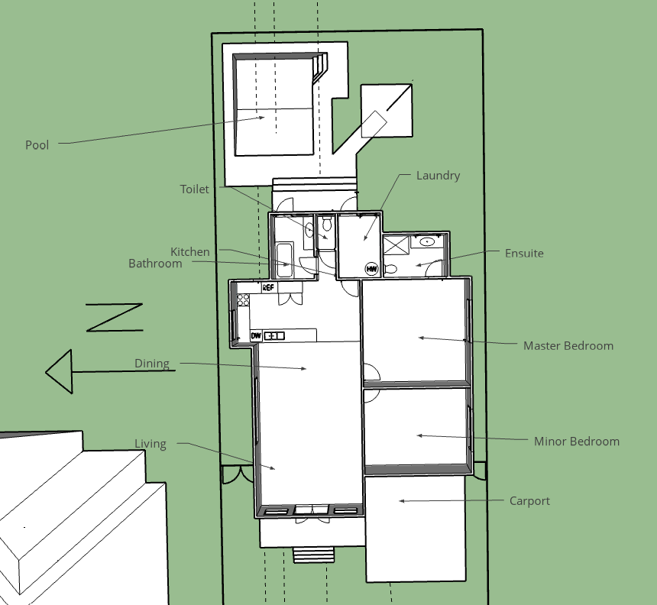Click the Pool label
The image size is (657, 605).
pyautogui.click(x=37, y=145)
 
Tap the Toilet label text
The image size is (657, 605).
pyautogui.click(x=194, y=189)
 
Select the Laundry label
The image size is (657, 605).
pyautogui.click(x=438, y=176)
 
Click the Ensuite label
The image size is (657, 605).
pyautogui.click(x=524, y=254)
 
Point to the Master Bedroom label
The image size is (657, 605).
pyautogui.click(x=568, y=346)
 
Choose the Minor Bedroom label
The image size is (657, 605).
pyautogui.click(x=577, y=442)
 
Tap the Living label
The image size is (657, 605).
pyautogui.click(x=150, y=444)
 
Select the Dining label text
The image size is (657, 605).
pyautogui.click(x=152, y=364)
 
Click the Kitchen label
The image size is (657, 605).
pyautogui.click(x=189, y=252)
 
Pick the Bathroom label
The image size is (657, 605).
pyautogui.click(x=155, y=264)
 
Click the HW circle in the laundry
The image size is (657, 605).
pyautogui.click(x=371, y=269)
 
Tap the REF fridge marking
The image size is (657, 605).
pyautogui.click(x=268, y=287)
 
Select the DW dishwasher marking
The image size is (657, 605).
pyautogui.click(x=256, y=335)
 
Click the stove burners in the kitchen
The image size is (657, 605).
pyautogui.click(x=243, y=300)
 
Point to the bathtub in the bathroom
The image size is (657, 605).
pyautogui.click(x=285, y=260)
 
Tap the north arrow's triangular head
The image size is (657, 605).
pyautogui.click(x=59, y=371)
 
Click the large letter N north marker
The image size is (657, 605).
pyautogui.click(x=115, y=318)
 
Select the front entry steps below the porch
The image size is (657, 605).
pyautogui.click(x=313, y=555)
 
